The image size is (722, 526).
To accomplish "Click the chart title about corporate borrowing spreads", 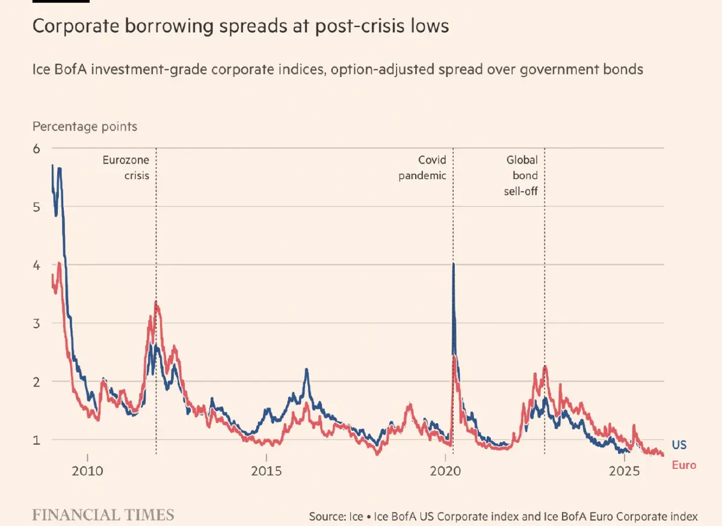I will coord(241,27).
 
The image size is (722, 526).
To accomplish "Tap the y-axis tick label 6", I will coord(37,148).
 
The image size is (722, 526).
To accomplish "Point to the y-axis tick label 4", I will coord(37,265).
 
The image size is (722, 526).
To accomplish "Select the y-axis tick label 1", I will coord(37,440).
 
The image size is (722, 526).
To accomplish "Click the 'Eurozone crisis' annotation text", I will coord(126,168).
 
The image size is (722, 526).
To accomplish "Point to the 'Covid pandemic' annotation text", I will coord(423,168).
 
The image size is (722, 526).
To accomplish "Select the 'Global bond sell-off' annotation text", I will coord(521,176).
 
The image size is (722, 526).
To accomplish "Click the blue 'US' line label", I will coord(679,445).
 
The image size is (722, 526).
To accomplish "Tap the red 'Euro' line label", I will coord(683,465).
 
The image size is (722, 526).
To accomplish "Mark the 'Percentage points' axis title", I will coord(85,127).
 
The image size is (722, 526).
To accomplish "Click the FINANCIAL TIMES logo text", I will coord(103,515).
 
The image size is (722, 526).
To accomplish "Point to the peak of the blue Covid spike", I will coord(453,264).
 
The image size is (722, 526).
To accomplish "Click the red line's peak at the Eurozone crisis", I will coord(156,302).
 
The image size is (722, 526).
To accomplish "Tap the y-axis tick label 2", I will coord(37,382).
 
